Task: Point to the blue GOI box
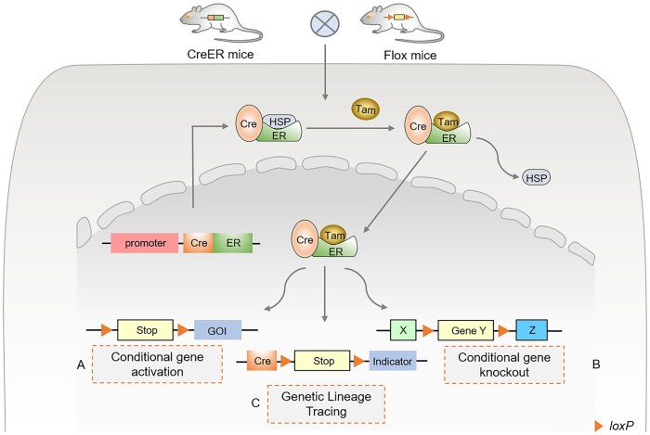pos(217,328)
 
